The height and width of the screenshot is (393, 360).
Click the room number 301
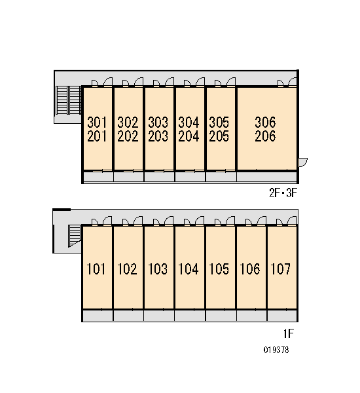[x=97, y=122]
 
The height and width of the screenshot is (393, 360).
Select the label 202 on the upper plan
[x=128, y=136]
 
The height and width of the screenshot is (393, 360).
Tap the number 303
[x=158, y=122]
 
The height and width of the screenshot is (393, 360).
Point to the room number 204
[x=189, y=136]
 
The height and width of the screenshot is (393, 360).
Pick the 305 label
[x=219, y=122]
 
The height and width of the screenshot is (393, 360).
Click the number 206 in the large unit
[x=265, y=136]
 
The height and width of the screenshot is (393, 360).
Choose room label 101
[x=96, y=269]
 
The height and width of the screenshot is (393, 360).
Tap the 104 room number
[x=189, y=269]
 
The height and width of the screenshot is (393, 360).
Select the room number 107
[x=281, y=269]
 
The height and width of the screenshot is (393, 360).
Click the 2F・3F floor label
[x=283, y=193]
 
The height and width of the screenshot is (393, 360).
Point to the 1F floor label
[x=289, y=333]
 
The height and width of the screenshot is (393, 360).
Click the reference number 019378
[x=276, y=350]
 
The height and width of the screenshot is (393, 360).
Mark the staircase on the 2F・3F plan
[x=68, y=100]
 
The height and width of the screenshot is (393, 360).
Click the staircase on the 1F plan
[x=75, y=236]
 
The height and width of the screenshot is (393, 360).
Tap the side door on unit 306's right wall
[x=302, y=162]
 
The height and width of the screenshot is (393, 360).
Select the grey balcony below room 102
[x=128, y=316]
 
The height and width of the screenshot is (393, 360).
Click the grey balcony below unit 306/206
[x=266, y=177]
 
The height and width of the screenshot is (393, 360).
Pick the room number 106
[x=250, y=269]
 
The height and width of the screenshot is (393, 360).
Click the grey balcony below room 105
[x=221, y=316]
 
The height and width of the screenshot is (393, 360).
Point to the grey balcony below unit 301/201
[x=98, y=177]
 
